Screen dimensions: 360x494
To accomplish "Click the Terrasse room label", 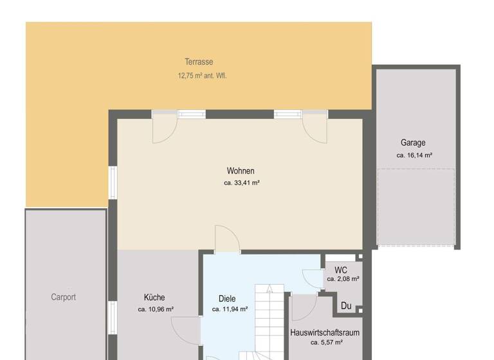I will point(199,62).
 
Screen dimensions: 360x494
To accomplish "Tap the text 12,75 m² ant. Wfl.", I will point(202,75).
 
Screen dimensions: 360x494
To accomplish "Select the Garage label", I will point(413,143).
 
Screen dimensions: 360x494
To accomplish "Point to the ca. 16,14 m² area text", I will point(414,156).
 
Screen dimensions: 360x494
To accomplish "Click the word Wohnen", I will point(241,171).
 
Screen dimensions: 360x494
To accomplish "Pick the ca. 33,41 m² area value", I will point(241,183).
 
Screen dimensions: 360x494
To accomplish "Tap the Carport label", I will point(64,297).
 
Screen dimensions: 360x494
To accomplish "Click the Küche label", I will point(154,298).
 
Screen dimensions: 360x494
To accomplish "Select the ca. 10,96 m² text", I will point(156,309).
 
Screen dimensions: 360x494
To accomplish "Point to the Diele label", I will point(227,299).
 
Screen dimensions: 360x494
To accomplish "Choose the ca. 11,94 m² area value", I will point(230,309).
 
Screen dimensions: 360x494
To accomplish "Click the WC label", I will point(341,271).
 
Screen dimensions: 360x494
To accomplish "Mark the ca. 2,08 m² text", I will point(343,280).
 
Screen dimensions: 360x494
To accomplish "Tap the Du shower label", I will point(346,306).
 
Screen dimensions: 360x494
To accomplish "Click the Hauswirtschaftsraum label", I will point(325,333).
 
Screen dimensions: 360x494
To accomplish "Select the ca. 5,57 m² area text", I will point(326,343).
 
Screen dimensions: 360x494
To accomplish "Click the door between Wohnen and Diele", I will point(227,240).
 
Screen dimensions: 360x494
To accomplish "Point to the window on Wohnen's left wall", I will point(113,183).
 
